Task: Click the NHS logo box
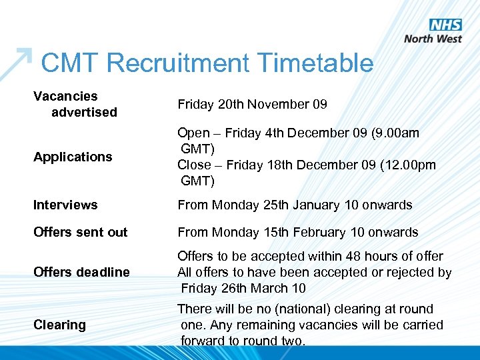coord(445,25)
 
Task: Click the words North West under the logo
coord(433,39)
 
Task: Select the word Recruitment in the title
coord(178,63)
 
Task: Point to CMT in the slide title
coord(70,63)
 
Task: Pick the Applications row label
coord(73,157)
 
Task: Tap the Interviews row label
coord(65,205)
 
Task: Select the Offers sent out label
coord(80,232)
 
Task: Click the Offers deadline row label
coord(81,272)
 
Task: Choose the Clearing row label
coord(59,325)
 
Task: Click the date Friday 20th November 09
coord(252,104)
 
